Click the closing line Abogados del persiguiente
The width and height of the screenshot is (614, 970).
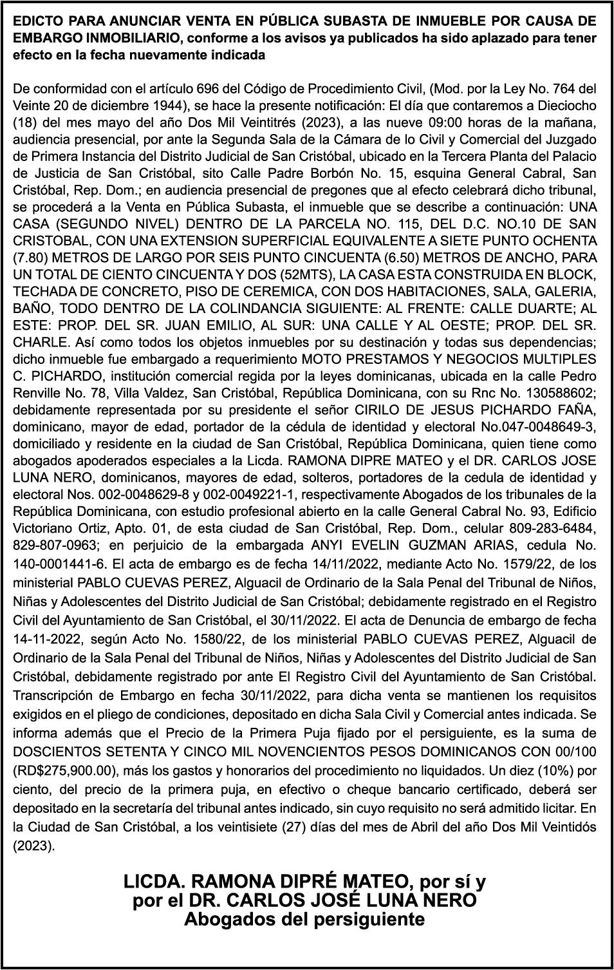(304, 919)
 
